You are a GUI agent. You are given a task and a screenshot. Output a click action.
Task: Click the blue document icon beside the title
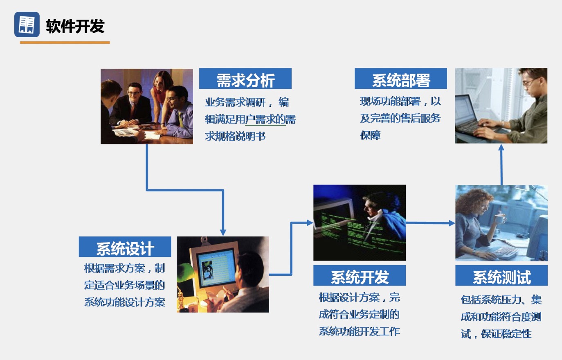coord(27,25)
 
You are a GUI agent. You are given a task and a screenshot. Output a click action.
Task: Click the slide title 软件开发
coord(75,26)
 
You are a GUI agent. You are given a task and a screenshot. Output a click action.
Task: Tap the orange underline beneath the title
coord(65,43)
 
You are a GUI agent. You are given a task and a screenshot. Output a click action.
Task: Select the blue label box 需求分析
coord(245,79)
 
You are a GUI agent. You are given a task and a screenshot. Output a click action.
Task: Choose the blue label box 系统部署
coord(401,79)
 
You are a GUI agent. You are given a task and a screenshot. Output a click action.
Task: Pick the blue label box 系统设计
coord(125,247)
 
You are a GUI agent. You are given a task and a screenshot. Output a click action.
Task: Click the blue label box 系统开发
coord(360,275)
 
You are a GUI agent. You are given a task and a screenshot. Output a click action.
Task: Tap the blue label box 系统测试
coord(501,275)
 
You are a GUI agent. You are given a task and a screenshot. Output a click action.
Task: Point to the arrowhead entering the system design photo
coord(223,232)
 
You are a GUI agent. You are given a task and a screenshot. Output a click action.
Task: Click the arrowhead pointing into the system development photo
coord(310,223)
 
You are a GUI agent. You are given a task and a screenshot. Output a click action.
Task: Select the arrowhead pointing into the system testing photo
coord(452,223)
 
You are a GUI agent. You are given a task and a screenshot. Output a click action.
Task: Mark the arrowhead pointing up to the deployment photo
coord(501,147)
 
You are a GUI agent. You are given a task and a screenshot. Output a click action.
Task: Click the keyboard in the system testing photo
coord(505,252)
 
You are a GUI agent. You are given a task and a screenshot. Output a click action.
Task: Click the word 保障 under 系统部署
coord(370,135)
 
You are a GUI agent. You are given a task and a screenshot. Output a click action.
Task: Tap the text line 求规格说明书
coord(235,136)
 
